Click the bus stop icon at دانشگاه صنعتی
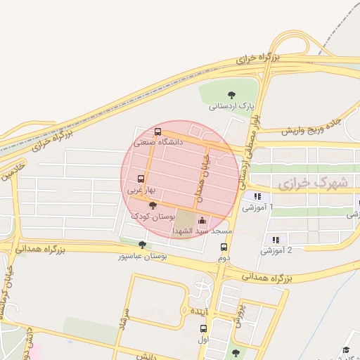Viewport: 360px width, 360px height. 157,131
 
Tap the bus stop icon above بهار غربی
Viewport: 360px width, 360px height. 141,179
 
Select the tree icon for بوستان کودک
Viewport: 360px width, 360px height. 153,205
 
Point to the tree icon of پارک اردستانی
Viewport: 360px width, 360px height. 232,95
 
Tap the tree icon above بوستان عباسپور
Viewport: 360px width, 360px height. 143,245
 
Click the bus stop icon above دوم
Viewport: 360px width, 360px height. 224,247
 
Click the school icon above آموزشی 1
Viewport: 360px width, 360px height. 258,197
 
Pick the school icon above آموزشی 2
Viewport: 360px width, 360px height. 275,240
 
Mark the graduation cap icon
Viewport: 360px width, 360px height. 346,350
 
